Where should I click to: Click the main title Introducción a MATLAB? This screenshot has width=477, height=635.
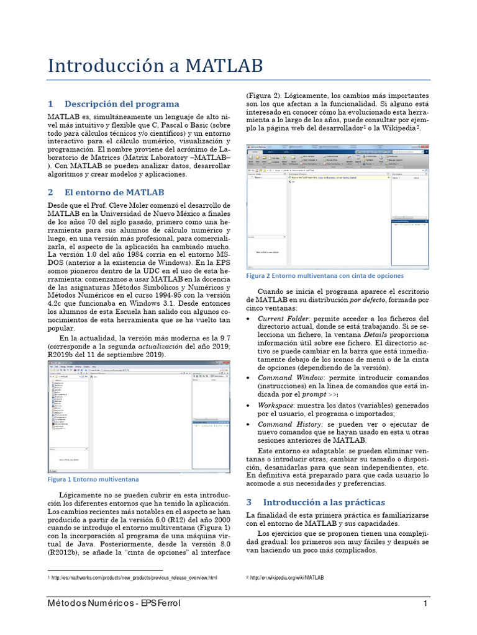155,65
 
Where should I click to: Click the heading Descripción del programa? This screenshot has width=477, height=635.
122,104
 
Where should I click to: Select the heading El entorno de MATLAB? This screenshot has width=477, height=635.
114,192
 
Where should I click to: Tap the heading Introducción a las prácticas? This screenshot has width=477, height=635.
324,502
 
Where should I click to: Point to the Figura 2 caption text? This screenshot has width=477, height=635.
325,275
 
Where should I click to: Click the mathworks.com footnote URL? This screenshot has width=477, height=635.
134,578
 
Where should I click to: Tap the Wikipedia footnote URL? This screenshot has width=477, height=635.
287,578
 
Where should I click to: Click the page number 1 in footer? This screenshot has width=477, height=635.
425,604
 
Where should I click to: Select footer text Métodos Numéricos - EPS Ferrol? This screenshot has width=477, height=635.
114,604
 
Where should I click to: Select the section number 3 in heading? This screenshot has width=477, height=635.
249,502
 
